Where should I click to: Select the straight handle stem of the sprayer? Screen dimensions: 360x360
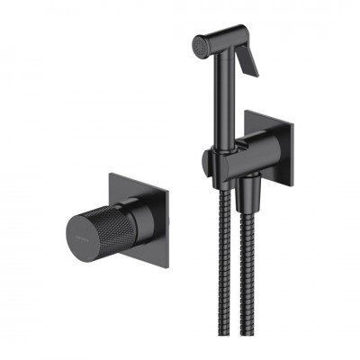click(x=220, y=99)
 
